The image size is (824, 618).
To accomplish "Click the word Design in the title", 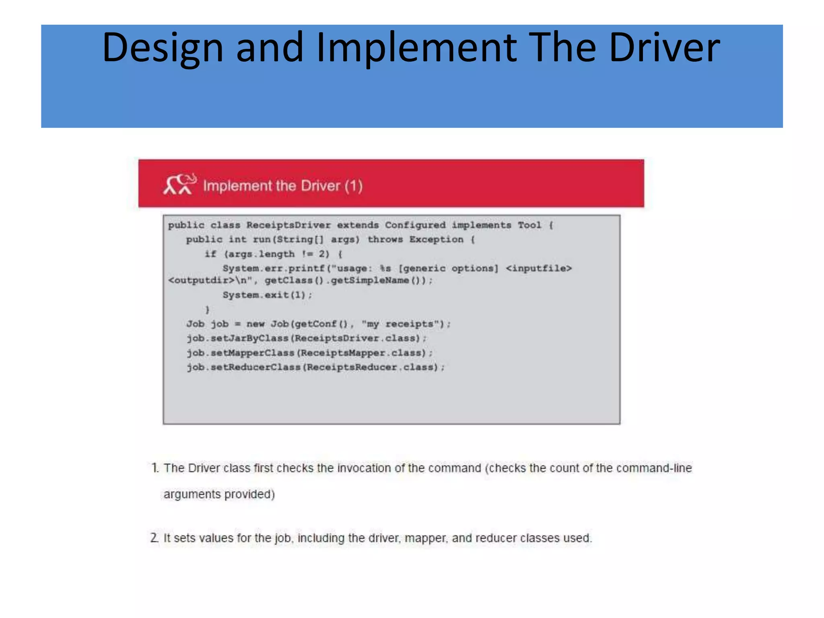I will (x=163, y=48).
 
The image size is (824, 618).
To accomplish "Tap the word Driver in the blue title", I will (x=664, y=48).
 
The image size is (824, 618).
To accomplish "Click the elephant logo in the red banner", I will (x=179, y=185).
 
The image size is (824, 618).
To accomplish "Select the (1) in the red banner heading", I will (x=354, y=186).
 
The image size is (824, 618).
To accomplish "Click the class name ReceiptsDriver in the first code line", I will (x=288, y=225).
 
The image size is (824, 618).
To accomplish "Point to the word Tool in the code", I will (x=529, y=225).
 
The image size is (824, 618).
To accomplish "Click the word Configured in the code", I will (x=415, y=225).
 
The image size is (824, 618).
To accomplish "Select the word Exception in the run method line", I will (x=436, y=240).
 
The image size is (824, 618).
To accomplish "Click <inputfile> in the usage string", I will (x=538, y=268).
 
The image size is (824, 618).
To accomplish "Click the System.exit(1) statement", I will (x=267, y=295).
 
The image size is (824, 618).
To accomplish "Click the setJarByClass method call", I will (x=249, y=338).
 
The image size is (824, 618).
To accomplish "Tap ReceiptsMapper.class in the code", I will (x=360, y=353).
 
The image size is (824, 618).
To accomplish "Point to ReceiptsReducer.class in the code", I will (x=370, y=367).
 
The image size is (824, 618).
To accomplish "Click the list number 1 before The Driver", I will (x=154, y=468).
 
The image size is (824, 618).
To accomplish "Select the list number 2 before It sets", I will (x=154, y=538).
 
